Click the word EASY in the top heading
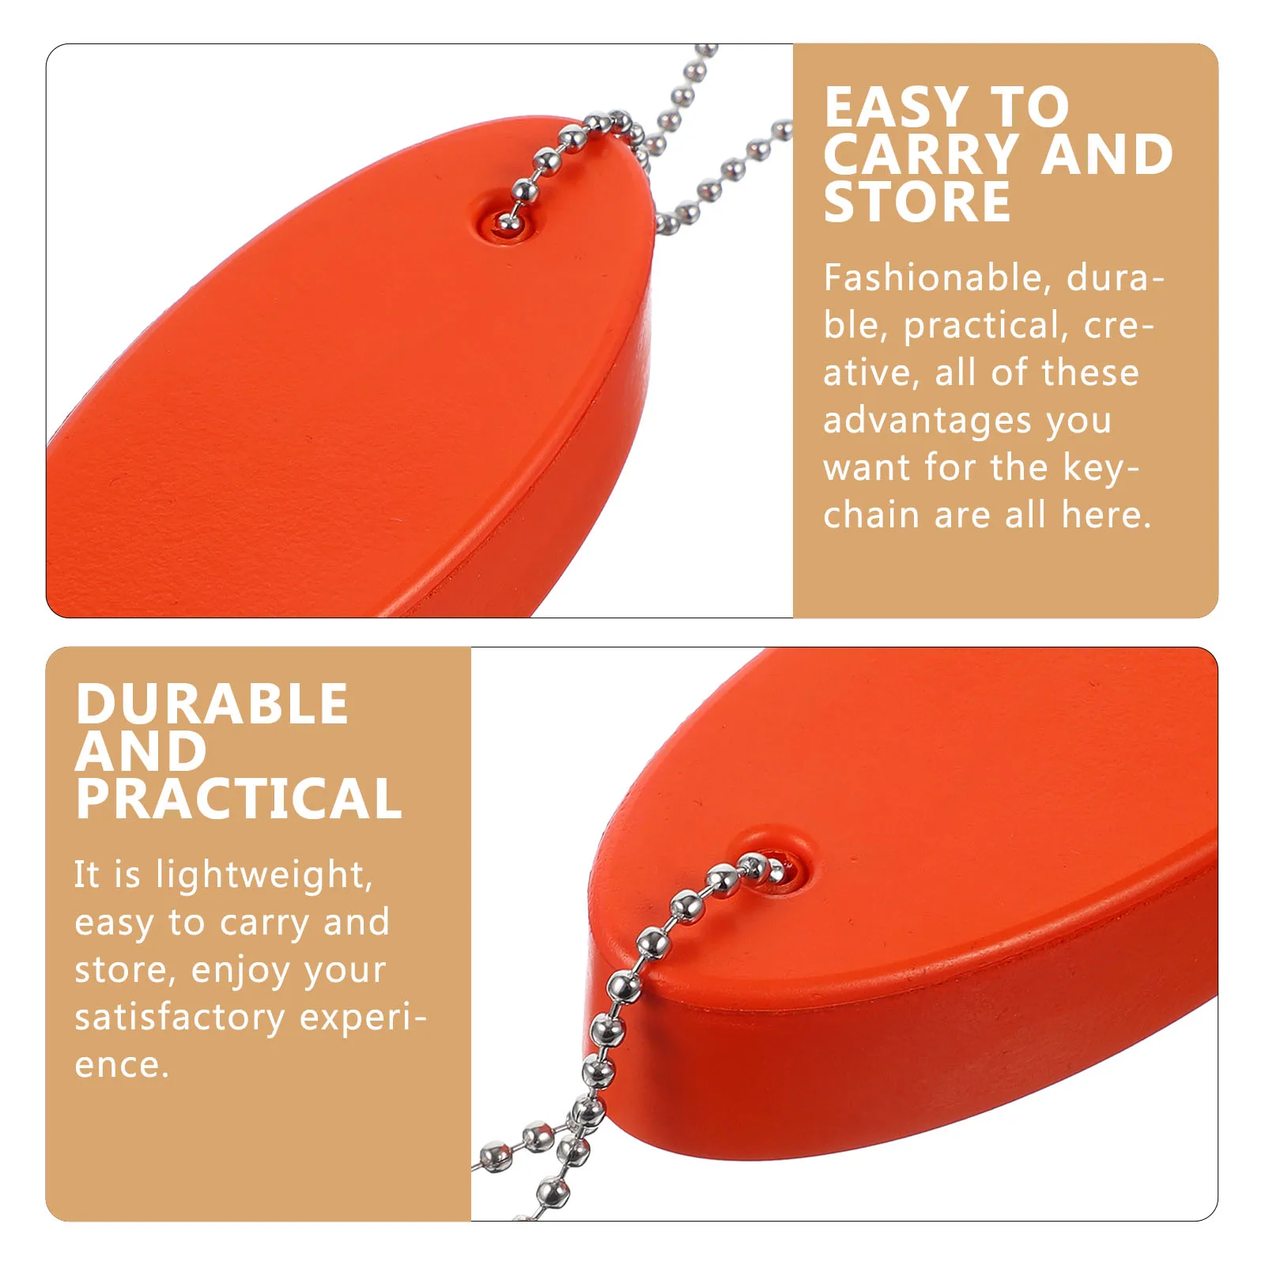(x=896, y=108)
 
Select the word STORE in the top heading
(x=917, y=202)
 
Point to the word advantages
(x=927, y=421)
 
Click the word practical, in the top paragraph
(x=985, y=326)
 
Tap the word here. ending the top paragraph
(x=1106, y=515)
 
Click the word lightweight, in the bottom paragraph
(x=264, y=875)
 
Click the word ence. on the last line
(x=122, y=1065)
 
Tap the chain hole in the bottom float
(x=779, y=870)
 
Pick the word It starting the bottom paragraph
(x=87, y=875)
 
